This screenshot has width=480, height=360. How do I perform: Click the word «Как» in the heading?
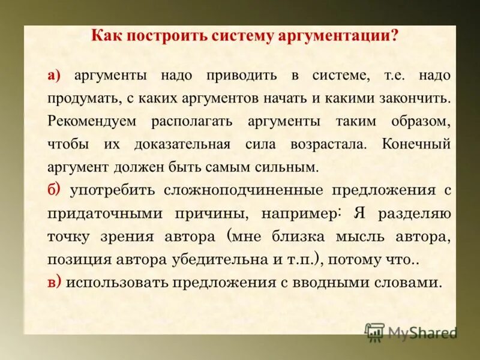click(104, 35)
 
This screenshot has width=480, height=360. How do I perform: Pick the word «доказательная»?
click(183, 145)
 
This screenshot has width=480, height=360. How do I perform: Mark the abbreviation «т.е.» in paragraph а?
click(393, 76)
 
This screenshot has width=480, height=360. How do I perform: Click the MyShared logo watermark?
click(411, 332)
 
